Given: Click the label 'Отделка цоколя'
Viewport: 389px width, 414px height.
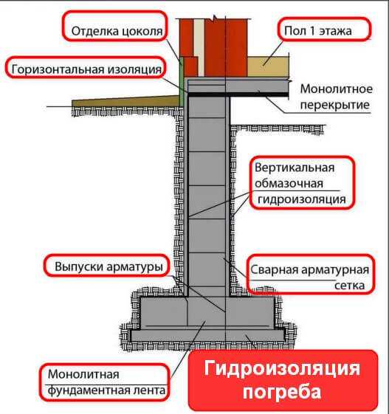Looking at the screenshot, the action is (x=117, y=32).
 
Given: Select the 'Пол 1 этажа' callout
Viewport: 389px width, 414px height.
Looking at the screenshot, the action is (x=318, y=31).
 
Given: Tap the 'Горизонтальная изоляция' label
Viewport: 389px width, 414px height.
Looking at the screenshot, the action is (x=86, y=69).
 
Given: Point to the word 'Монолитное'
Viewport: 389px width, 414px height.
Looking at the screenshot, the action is (x=337, y=89).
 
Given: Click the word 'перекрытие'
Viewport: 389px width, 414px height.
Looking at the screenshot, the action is (x=335, y=105).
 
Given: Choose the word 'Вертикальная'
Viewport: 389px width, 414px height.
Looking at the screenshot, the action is (x=295, y=168).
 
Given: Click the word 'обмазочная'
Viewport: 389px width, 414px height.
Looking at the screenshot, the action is (x=289, y=184).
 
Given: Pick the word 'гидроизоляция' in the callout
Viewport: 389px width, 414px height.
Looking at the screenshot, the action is (x=302, y=199).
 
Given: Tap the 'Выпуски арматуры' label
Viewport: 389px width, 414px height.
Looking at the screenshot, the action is (x=109, y=266).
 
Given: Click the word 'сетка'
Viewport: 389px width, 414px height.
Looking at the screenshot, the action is (x=349, y=286).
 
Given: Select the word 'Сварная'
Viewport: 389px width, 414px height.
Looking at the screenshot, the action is (x=274, y=270).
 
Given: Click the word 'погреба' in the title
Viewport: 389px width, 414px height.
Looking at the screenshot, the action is (x=282, y=393).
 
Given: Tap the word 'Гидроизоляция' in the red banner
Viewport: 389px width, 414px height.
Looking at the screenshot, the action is (x=282, y=368).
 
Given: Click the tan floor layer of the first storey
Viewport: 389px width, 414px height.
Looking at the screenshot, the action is (x=267, y=66).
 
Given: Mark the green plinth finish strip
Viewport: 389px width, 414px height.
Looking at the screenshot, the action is (x=182, y=80).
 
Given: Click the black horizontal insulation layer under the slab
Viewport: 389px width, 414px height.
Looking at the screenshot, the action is (x=238, y=94).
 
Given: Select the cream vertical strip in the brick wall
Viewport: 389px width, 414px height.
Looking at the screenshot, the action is (x=199, y=47).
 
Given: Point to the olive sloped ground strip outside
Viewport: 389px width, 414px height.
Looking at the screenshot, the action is (x=128, y=101).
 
